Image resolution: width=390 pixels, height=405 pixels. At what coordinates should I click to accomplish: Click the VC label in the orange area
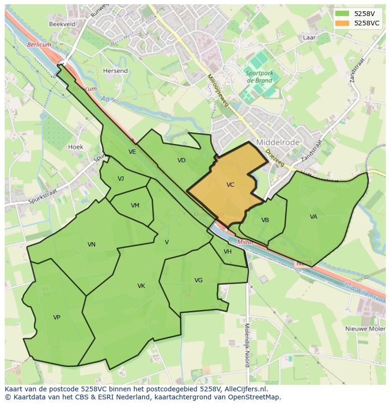(230, 185)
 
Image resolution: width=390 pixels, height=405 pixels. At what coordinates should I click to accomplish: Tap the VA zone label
(314, 217)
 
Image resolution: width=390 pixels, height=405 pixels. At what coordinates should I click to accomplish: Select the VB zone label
(265, 220)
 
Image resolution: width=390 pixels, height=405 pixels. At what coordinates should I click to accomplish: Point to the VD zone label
(181, 160)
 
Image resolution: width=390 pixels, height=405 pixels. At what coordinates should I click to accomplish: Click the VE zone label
(132, 152)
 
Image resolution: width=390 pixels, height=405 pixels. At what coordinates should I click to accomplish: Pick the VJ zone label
(121, 178)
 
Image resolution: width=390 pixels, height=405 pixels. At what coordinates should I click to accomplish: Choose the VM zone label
(135, 206)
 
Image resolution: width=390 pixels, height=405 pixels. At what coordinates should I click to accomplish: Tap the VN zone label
(91, 244)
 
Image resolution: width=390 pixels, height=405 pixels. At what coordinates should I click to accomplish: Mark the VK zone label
(141, 286)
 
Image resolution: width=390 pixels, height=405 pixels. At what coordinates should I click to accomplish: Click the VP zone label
(57, 318)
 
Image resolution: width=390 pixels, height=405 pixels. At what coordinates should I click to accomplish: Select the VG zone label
(198, 280)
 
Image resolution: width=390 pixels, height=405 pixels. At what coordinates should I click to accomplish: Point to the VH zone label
(227, 252)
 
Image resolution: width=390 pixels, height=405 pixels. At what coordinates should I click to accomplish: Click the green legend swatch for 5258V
(342, 14)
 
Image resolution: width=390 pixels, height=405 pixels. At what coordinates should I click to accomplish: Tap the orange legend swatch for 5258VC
(342, 23)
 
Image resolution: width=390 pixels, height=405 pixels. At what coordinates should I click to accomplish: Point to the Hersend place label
(115, 71)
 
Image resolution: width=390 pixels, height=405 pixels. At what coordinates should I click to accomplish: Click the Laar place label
(309, 37)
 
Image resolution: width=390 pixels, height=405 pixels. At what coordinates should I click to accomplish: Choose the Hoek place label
(76, 147)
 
